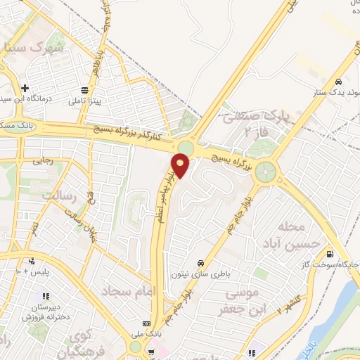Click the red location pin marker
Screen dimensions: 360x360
(181, 166)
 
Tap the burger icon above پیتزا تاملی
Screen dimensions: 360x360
(85, 89)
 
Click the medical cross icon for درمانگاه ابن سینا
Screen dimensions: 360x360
(25, 89)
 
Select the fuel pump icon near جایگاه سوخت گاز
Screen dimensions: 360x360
(329, 254)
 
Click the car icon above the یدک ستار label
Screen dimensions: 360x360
(339, 80)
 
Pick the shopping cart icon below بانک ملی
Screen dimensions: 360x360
(150, 352)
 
